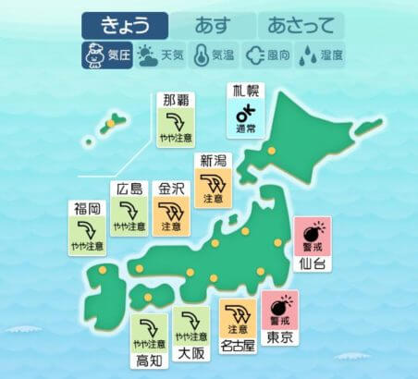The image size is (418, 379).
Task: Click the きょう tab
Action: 125,26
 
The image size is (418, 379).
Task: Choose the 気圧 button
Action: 105,55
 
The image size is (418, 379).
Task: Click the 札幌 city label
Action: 245,92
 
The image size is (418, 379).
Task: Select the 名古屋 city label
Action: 238,347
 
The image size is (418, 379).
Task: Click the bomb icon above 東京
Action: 280,304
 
